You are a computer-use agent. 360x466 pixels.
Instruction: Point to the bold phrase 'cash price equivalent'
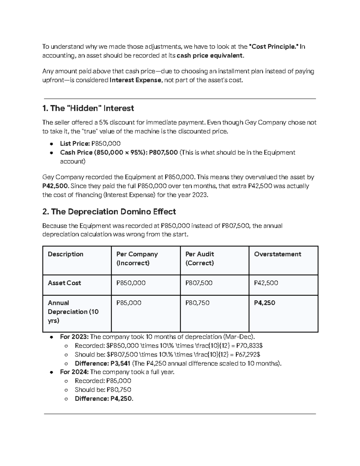point(210,56)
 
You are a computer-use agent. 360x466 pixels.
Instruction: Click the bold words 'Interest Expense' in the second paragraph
point(136,80)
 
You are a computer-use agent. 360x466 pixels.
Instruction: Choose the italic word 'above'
point(101,71)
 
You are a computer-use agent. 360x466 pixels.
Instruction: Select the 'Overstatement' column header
point(277,254)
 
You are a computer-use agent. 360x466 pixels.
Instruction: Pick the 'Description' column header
point(65,254)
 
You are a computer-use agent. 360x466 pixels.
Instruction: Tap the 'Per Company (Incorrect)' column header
point(137,258)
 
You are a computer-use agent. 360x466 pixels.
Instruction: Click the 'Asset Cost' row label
point(64,283)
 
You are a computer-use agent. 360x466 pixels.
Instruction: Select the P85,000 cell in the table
point(129,303)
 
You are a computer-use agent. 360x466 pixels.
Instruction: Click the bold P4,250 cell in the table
point(264,303)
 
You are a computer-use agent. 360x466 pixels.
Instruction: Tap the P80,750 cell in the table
point(197,303)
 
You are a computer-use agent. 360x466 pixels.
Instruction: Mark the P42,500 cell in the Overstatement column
point(266,283)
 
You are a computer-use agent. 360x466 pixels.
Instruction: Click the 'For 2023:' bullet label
point(74,337)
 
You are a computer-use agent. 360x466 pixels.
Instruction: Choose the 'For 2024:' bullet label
point(74,372)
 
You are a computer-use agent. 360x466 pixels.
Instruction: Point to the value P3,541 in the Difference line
point(120,363)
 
